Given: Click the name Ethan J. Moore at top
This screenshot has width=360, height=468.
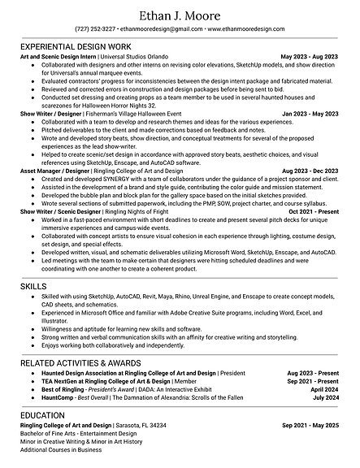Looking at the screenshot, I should [x=180, y=14].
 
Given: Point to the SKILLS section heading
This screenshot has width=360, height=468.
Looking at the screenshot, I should [x=34, y=287].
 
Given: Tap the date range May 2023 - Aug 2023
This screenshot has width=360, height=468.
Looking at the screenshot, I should [x=310, y=58].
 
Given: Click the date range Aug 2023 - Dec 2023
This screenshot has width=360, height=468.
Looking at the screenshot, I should [x=310, y=171].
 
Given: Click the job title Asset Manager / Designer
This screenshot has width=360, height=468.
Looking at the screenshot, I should [x=54, y=171].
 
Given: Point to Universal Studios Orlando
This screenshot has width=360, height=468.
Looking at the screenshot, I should [x=135, y=58].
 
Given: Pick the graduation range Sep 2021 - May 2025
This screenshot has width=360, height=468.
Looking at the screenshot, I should [x=310, y=425].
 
